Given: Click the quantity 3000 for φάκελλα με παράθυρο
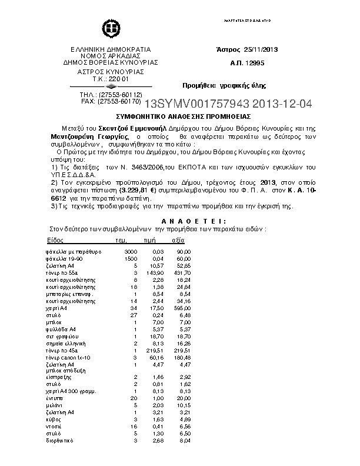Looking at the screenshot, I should [131, 252].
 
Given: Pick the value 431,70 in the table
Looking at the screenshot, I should [167, 273].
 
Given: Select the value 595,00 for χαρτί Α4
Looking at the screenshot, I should [167, 308].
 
